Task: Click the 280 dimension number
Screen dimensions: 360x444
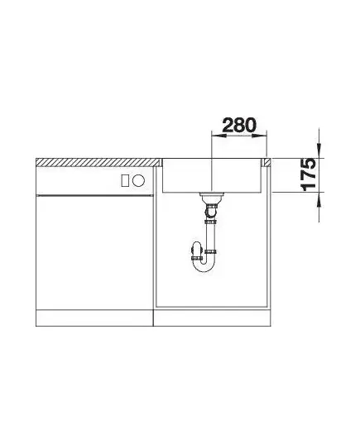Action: coord(239,125)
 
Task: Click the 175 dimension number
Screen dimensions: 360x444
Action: coord(308,174)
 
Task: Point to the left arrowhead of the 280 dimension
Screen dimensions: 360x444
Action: coord(218,136)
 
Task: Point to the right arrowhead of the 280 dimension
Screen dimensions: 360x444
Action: coord(259,136)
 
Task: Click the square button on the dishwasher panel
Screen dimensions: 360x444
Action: coord(125,180)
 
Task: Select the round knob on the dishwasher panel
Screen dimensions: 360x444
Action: coord(138,180)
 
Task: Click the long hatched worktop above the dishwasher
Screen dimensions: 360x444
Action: coord(98,162)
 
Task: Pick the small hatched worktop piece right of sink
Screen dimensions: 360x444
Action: coord(267,162)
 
